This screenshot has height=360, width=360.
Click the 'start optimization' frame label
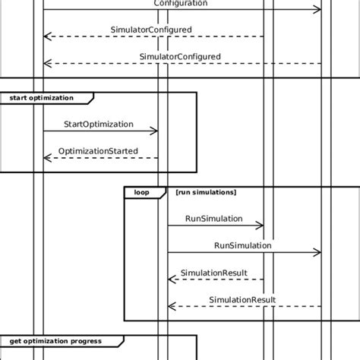coord(42,98)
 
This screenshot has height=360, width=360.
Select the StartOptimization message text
coord(99,124)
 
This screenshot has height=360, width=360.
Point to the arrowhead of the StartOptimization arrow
coord(155,131)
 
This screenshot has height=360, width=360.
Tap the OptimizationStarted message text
coord(98,151)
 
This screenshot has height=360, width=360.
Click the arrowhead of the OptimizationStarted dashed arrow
coord(46,158)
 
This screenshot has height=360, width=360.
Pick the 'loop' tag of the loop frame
coord(142,193)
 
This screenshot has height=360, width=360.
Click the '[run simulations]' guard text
coord(205,193)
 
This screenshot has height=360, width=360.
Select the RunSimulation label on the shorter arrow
coord(214,219)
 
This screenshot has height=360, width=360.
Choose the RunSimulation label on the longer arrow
coord(243,245)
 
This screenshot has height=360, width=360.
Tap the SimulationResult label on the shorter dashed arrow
coord(213,273)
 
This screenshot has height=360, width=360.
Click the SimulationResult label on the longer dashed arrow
coord(242,299)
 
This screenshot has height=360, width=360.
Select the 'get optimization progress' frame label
coord(55,341)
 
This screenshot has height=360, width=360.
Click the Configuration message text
coord(181,3)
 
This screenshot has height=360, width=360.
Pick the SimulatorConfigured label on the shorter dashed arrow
coord(151,30)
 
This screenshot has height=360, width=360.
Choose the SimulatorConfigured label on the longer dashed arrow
coord(180,56)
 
